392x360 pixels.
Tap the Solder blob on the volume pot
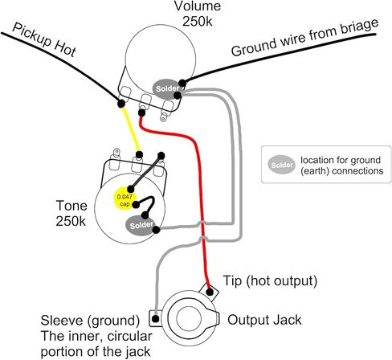(x=166, y=89)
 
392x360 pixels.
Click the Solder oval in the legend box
(x=281, y=165)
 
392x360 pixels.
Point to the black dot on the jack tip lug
(x=210, y=292)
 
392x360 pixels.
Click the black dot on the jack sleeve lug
(x=155, y=319)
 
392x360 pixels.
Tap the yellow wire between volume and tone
(x=131, y=129)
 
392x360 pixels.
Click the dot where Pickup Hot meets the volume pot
(x=121, y=103)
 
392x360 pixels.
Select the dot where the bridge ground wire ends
(x=182, y=83)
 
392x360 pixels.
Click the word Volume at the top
(x=198, y=6)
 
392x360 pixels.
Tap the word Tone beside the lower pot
(x=71, y=206)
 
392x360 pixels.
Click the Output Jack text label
(x=264, y=320)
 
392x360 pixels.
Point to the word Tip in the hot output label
(x=232, y=280)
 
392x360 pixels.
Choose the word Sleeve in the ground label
(x=62, y=320)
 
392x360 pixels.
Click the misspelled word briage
(x=359, y=30)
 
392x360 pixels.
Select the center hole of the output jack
(x=189, y=318)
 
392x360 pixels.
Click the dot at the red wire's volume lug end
(x=141, y=112)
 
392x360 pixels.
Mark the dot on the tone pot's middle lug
(x=139, y=154)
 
